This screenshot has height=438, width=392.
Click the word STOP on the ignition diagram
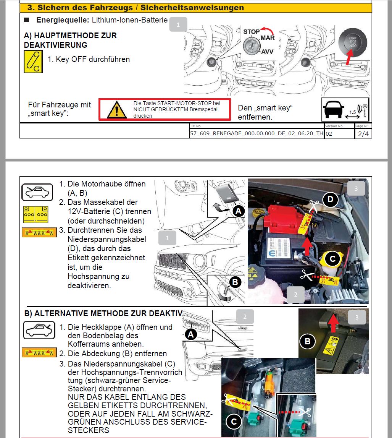[251, 32]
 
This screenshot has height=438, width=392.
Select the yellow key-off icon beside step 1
[33, 61]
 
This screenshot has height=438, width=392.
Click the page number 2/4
[363, 134]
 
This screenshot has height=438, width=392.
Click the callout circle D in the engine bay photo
[330, 199]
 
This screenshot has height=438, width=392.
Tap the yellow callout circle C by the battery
[332, 259]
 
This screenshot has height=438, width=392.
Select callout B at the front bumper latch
[235, 282]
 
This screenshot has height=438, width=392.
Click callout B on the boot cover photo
[308, 341]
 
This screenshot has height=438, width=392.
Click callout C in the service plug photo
[234, 421]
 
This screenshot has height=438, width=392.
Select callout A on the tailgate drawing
[190, 335]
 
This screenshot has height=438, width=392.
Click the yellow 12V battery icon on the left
[35, 214]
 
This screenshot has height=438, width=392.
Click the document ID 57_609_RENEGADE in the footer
[256, 134]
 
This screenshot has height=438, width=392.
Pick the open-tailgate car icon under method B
[37, 330]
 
